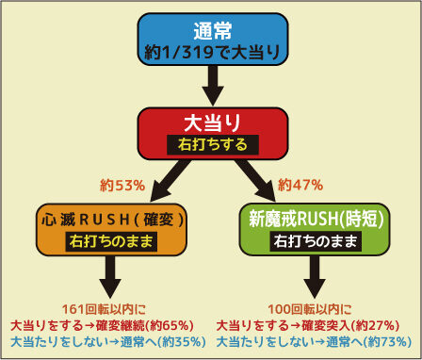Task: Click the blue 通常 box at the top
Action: point(213,40)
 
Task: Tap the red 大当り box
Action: point(213,134)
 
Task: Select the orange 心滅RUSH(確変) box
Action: point(111,230)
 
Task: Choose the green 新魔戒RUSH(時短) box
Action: point(315,229)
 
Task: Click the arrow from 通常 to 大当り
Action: point(213,86)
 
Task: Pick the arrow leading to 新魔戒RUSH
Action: point(255,180)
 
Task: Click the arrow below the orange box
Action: point(110,277)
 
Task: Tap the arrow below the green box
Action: point(315,277)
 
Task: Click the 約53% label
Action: point(122,187)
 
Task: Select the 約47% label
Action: point(300,186)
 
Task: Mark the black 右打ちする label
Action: point(213,145)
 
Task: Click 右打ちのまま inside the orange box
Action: point(111,241)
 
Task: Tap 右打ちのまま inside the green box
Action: point(316,241)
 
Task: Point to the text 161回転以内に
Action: point(104,310)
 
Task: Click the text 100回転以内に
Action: point(310,310)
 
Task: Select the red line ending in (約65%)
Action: point(102,326)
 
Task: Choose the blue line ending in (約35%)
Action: point(108,342)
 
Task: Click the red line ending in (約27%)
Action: point(308,326)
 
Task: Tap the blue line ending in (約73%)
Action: point(314,342)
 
